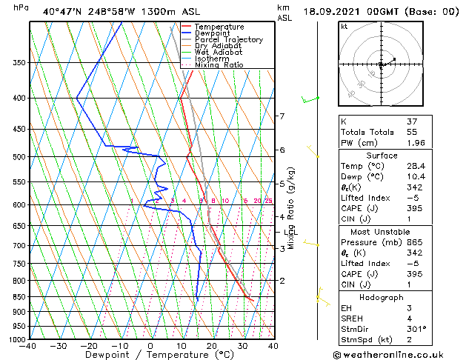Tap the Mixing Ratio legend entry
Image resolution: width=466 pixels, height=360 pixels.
pyautogui.click(x=219, y=65)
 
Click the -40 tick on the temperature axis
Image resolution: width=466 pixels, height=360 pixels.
pyautogui.click(x=28, y=346)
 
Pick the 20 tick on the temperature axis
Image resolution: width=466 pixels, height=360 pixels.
pyautogui.click(x=212, y=346)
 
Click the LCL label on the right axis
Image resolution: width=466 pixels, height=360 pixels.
pyautogui.click(x=289, y=233)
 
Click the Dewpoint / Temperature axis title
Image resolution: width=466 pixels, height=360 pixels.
pyautogui.click(x=148, y=356)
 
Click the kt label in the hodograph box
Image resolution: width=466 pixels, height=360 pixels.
pyautogui.click(x=344, y=26)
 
